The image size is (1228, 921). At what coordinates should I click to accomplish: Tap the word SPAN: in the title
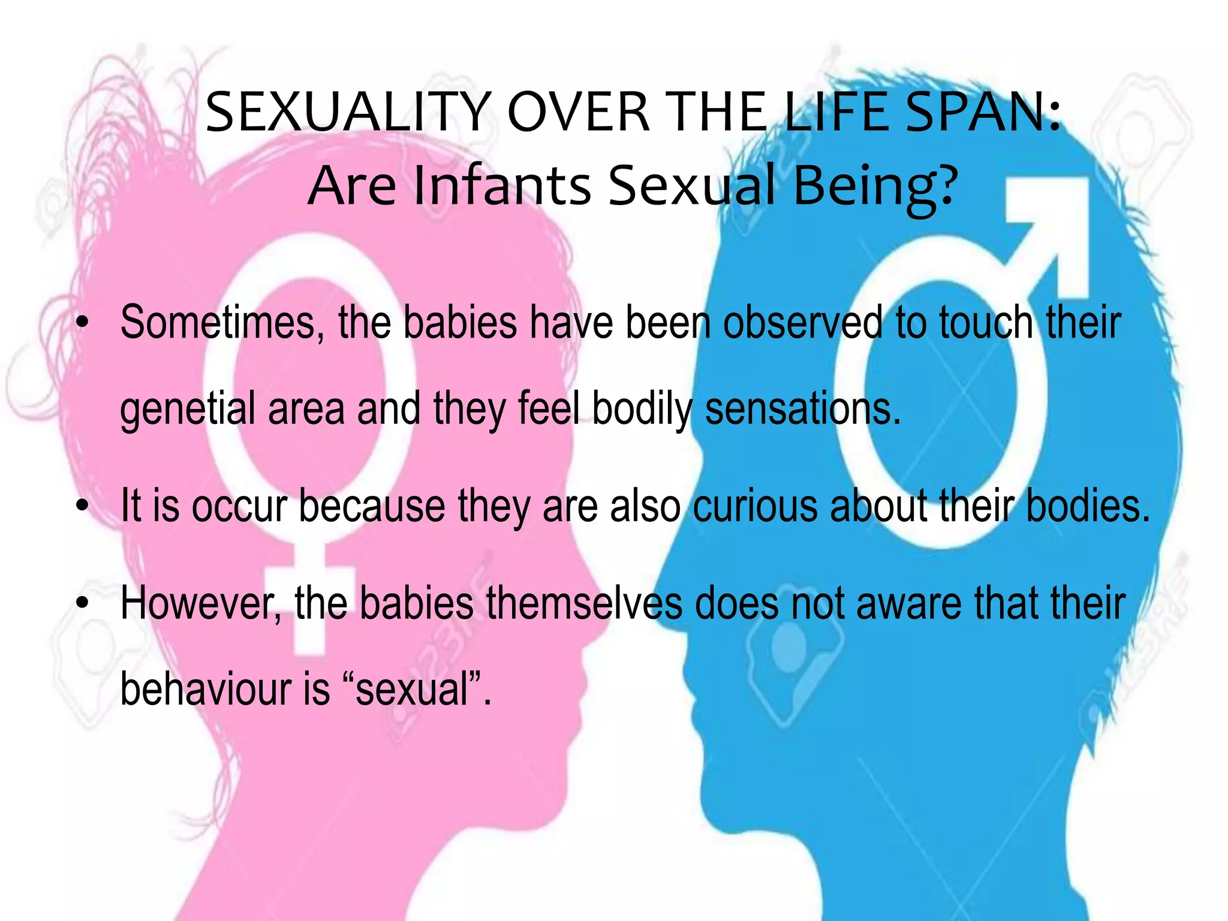coord(983,112)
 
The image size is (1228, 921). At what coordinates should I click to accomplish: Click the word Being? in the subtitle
coord(875,185)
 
